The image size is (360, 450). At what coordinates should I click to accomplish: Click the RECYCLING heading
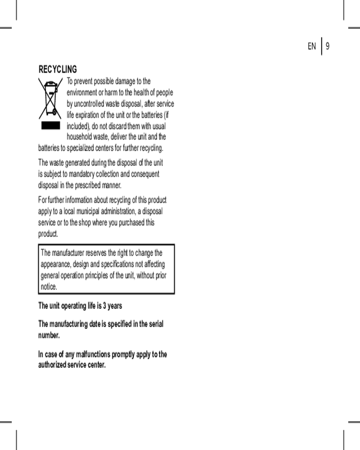click(58, 69)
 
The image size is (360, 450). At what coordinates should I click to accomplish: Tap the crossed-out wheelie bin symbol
click(50, 99)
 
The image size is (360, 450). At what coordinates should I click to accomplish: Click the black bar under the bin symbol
click(50, 125)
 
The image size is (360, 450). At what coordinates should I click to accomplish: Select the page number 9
click(328, 46)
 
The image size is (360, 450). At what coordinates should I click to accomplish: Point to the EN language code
click(312, 46)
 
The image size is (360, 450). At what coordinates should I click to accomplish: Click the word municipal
click(91, 211)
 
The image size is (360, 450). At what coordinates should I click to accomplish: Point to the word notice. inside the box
click(49, 287)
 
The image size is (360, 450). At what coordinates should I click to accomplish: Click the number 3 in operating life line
click(104, 306)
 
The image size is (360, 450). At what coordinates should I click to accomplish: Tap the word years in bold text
click(115, 306)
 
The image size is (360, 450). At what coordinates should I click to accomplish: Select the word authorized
click(52, 364)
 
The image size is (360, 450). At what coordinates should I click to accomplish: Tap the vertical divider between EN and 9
click(322, 46)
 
